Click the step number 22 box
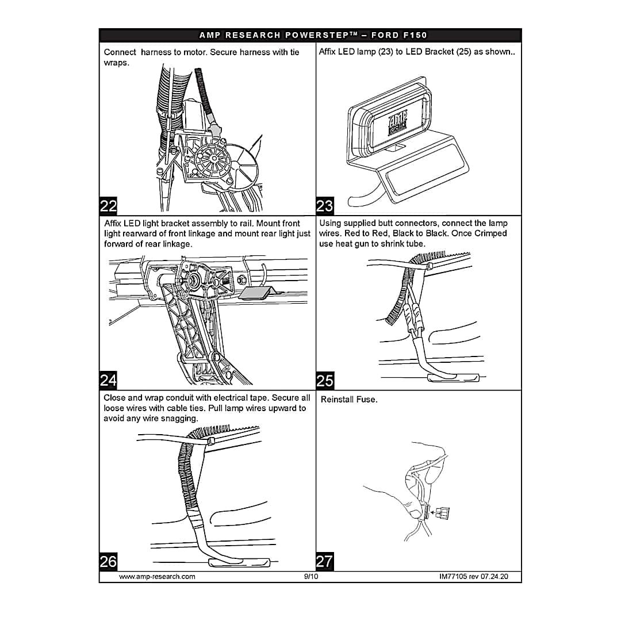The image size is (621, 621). pyautogui.click(x=108, y=206)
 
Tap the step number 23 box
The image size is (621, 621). pyautogui.click(x=325, y=206)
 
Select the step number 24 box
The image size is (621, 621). pyautogui.click(x=108, y=380)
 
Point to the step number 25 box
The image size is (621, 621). pyautogui.click(x=325, y=380)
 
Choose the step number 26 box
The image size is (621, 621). pyautogui.click(x=108, y=561)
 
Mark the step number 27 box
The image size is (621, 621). pyautogui.click(x=325, y=561)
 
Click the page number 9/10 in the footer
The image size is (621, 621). pyautogui.click(x=310, y=576)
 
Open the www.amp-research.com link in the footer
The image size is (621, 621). pyautogui.click(x=157, y=576)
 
